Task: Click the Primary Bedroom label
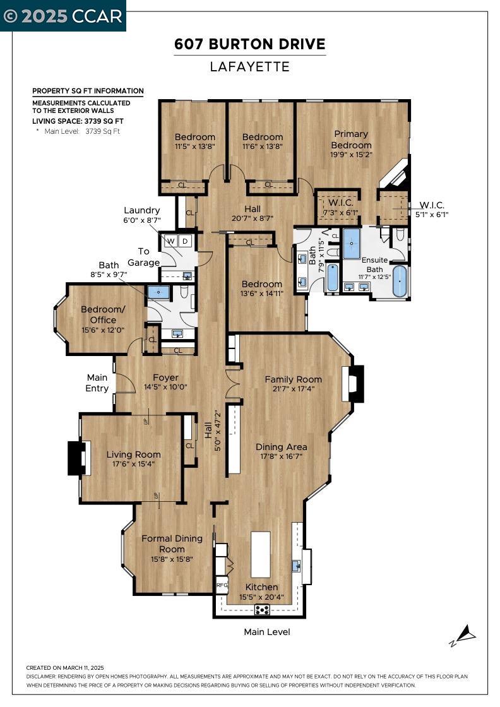point(351,140)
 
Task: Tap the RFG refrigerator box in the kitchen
point(222,585)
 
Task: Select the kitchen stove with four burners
point(262,610)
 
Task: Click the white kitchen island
point(261,555)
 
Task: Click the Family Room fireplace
point(355,383)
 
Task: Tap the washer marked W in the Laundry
point(171,241)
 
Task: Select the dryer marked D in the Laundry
point(186,241)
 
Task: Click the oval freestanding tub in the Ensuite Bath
point(399,281)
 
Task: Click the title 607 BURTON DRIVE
point(250,44)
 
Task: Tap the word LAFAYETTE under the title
point(250,67)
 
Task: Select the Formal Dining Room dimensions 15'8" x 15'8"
point(172,559)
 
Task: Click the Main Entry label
point(97,383)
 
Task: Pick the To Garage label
point(143,257)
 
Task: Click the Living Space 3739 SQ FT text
point(78,121)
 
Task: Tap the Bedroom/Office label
point(103,315)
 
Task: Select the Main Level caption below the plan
point(267,632)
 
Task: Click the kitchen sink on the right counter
point(296,566)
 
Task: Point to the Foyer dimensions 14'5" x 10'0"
point(165,387)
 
